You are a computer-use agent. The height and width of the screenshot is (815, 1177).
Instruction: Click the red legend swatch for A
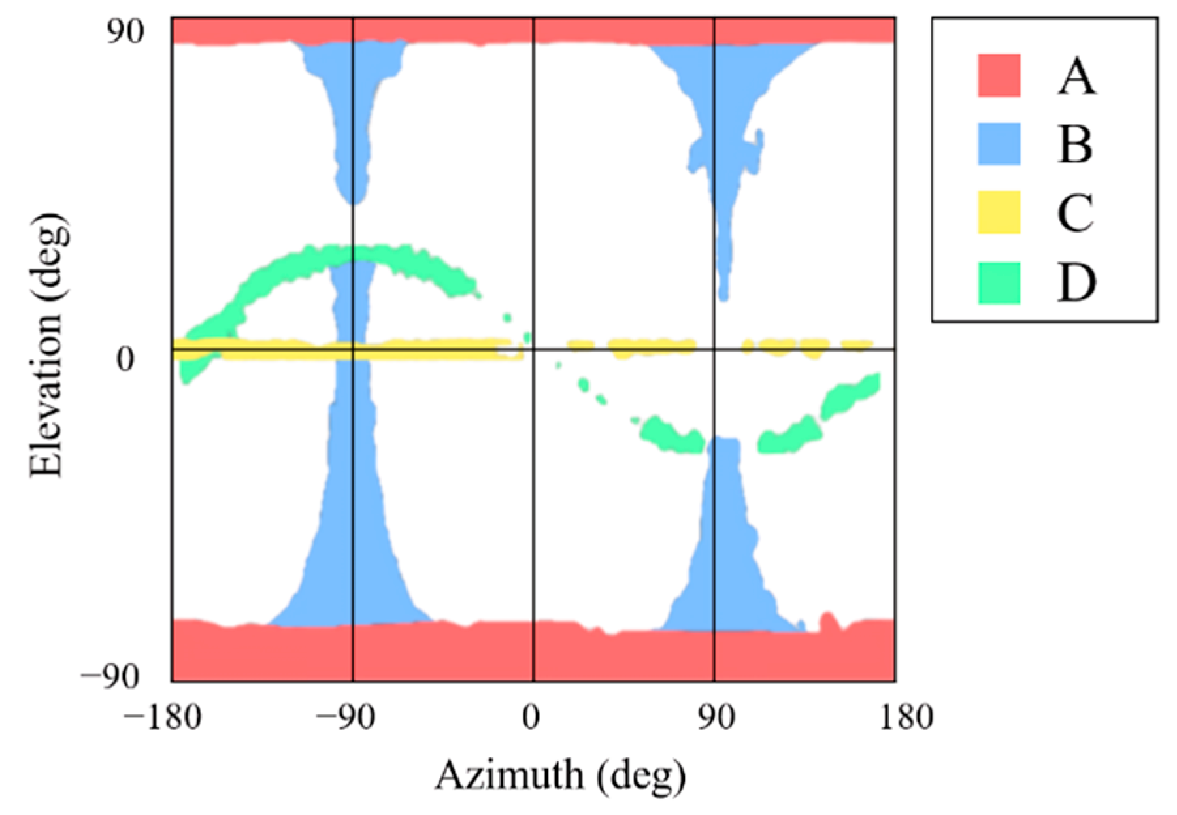point(999,75)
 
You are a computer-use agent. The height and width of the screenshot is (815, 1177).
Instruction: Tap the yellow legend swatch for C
point(999,212)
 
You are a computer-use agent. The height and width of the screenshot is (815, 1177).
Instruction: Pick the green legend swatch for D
point(999,282)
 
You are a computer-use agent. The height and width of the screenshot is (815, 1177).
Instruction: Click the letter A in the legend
point(1076,76)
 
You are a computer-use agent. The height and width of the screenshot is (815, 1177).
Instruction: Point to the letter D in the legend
point(1076,283)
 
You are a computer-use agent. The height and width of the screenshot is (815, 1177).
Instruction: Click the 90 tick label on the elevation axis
point(126,31)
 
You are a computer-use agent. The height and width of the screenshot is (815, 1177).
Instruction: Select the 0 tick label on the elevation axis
point(126,358)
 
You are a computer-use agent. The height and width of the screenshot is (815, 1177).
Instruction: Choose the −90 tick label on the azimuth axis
point(346,718)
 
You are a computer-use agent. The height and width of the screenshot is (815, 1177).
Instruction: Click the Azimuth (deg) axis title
point(561,776)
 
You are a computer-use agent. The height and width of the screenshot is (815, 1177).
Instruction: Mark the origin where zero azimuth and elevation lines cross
point(533,350)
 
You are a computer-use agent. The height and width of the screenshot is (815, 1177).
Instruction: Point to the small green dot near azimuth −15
point(506,318)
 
